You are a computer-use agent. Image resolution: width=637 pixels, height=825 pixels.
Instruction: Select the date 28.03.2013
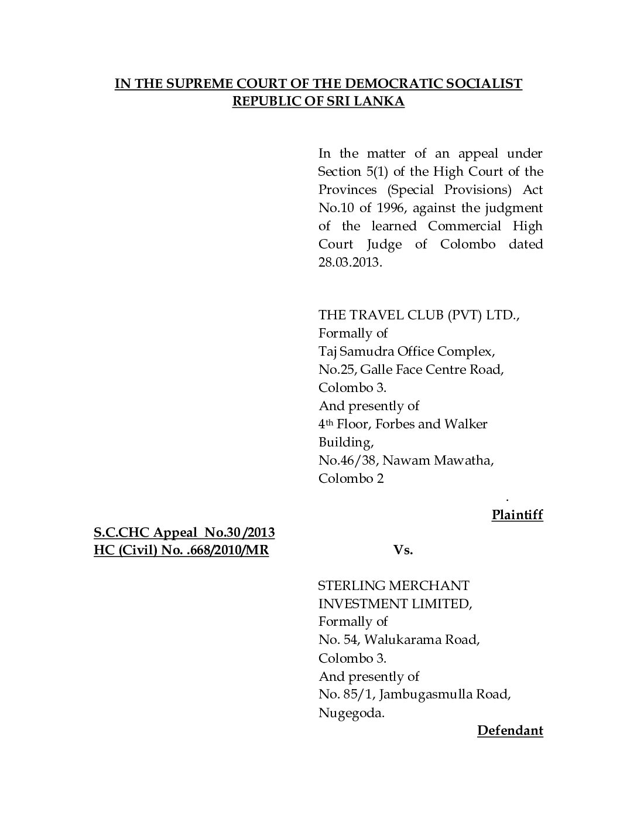coord(349,262)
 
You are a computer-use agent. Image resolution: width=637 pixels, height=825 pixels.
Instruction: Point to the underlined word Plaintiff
coord(517,515)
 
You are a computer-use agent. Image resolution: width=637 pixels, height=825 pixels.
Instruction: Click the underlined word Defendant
coord(510,731)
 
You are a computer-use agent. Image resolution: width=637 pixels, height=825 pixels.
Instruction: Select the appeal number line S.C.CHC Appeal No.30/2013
coord(184,533)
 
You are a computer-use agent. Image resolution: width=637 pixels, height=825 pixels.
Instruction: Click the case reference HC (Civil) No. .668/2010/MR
coord(181,551)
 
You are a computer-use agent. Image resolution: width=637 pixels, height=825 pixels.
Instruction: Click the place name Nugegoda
coord(351,713)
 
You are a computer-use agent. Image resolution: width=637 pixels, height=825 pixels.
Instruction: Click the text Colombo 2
coord(351,478)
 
